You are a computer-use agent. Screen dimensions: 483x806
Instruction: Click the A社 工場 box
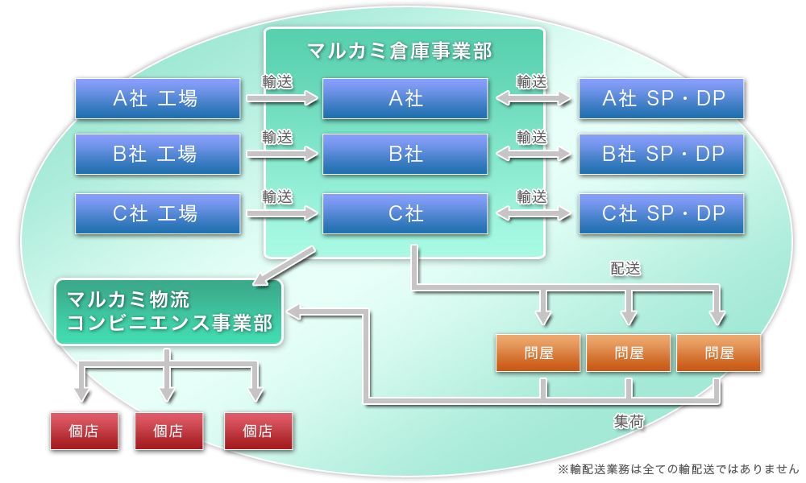click(x=157, y=98)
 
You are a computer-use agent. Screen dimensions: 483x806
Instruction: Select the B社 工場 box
click(x=157, y=154)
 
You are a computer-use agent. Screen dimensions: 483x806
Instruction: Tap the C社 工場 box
click(x=157, y=213)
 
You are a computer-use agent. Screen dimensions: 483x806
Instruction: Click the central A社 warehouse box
click(x=405, y=98)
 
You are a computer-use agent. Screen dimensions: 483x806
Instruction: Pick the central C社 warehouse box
click(x=405, y=213)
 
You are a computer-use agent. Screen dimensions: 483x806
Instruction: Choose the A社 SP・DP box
click(x=661, y=98)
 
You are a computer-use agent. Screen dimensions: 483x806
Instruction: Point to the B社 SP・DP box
click(x=661, y=154)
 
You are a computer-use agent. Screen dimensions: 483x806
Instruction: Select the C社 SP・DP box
click(x=661, y=213)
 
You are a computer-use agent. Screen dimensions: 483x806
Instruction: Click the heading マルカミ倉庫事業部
click(x=400, y=51)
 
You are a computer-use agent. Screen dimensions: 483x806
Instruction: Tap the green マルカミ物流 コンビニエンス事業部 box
click(x=169, y=312)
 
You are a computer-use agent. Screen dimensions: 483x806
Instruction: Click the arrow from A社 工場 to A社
click(x=282, y=99)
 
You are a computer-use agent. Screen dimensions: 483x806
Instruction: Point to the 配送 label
click(x=625, y=269)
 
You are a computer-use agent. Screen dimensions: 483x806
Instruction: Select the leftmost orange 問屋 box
click(x=538, y=353)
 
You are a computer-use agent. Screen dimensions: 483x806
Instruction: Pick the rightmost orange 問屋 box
click(x=718, y=353)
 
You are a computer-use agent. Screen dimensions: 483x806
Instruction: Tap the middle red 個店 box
click(x=168, y=431)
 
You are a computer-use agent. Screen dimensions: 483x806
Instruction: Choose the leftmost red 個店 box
click(x=84, y=431)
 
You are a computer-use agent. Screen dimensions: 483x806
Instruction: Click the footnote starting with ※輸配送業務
click(x=677, y=469)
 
